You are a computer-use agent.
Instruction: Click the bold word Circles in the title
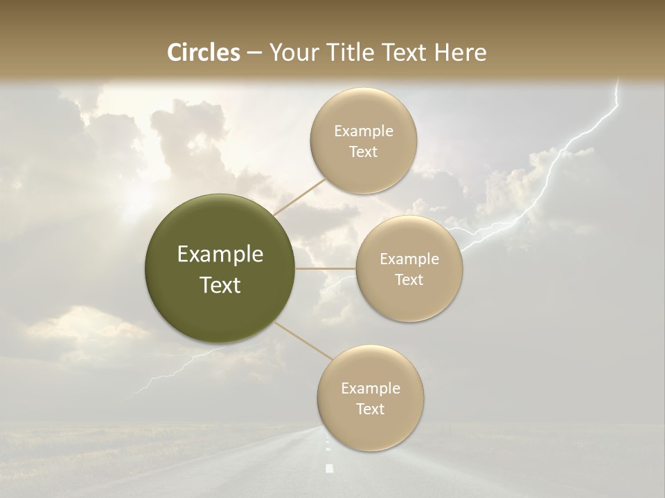[203, 53]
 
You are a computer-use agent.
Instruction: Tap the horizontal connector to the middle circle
[325, 268]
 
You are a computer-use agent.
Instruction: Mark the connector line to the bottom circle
[302, 340]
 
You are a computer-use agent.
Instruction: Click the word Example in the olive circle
[220, 255]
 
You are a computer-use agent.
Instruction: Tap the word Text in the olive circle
[220, 285]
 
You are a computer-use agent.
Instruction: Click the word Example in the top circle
[363, 131]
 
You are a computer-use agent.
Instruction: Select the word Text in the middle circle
[409, 279]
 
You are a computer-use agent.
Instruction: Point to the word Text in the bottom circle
[370, 409]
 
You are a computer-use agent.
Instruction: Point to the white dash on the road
[329, 468]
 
